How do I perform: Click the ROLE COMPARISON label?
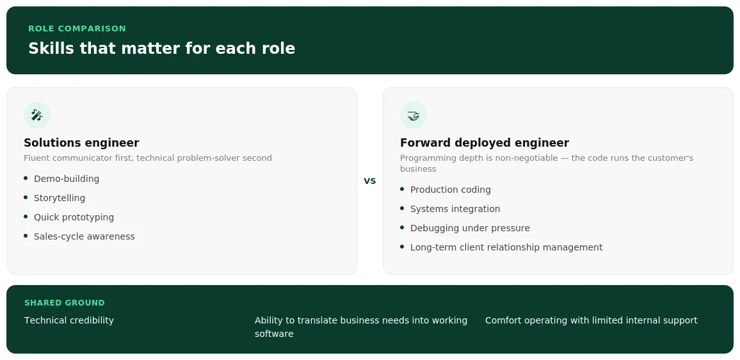tap(77, 28)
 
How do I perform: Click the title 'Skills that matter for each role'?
tap(161, 48)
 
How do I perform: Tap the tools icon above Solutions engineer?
tap(37, 115)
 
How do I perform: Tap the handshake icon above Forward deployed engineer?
tap(414, 115)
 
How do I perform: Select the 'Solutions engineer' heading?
tap(81, 143)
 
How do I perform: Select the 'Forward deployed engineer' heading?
tap(485, 143)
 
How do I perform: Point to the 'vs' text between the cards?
tap(369, 181)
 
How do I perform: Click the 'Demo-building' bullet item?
tap(67, 179)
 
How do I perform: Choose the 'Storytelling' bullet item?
tap(60, 198)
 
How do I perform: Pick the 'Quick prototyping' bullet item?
tap(74, 217)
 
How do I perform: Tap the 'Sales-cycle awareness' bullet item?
tap(84, 236)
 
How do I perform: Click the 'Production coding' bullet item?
tap(451, 190)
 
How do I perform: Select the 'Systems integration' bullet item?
tap(455, 209)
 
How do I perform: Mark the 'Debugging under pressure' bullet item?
tap(470, 228)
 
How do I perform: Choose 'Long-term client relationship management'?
tap(506, 247)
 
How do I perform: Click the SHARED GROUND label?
tap(65, 303)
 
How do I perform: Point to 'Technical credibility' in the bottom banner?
tap(69, 320)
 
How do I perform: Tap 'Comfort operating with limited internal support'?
tap(591, 320)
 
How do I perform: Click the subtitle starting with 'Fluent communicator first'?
tap(148, 158)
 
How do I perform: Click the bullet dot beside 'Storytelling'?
tap(26, 197)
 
